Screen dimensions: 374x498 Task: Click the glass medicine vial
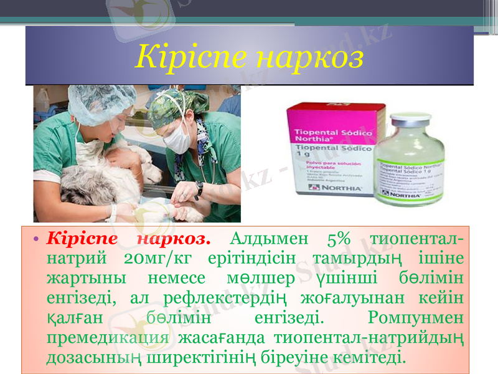tap(409, 162)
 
